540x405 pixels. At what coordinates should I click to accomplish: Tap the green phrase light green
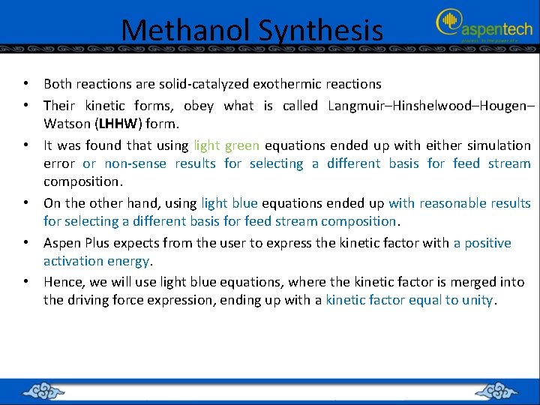226,145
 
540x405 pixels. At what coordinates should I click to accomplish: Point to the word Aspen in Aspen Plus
61,243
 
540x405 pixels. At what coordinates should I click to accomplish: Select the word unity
478,300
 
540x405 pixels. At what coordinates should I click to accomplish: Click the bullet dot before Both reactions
25,84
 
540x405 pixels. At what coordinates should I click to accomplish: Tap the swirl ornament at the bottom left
46,391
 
